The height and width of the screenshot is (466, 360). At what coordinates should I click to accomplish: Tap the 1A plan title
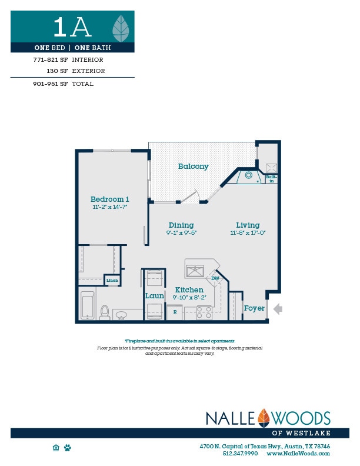[x=72, y=27]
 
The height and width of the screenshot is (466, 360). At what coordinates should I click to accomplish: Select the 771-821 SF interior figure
[x=51, y=59]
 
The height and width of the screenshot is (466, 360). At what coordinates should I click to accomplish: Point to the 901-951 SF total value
[x=51, y=84]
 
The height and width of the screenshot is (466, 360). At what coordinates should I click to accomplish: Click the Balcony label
[x=194, y=167]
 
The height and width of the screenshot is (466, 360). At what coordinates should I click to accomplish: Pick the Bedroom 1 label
[x=110, y=199]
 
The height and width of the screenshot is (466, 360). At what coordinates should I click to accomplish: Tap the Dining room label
[x=181, y=225]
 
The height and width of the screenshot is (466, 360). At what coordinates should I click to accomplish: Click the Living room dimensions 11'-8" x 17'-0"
[x=248, y=232]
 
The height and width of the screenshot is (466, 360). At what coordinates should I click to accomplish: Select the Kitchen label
[x=189, y=290]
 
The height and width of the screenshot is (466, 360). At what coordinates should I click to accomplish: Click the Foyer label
[x=254, y=308]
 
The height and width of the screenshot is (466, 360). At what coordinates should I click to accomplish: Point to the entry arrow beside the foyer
[x=278, y=308]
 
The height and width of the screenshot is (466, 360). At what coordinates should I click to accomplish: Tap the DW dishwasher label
[x=215, y=278]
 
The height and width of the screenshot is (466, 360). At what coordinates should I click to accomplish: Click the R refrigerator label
[x=175, y=311]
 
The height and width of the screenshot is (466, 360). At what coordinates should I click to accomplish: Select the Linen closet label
[x=112, y=281]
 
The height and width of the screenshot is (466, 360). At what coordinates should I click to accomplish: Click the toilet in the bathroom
[x=105, y=312]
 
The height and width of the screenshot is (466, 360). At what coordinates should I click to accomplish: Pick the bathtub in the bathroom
[x=88, y=305]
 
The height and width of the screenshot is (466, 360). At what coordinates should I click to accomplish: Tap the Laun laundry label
[x=154, y=295]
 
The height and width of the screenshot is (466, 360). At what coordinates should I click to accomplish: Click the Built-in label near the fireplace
[x=271, y=179]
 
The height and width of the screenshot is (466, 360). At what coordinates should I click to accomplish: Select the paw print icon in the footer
[x=68, y=448]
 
